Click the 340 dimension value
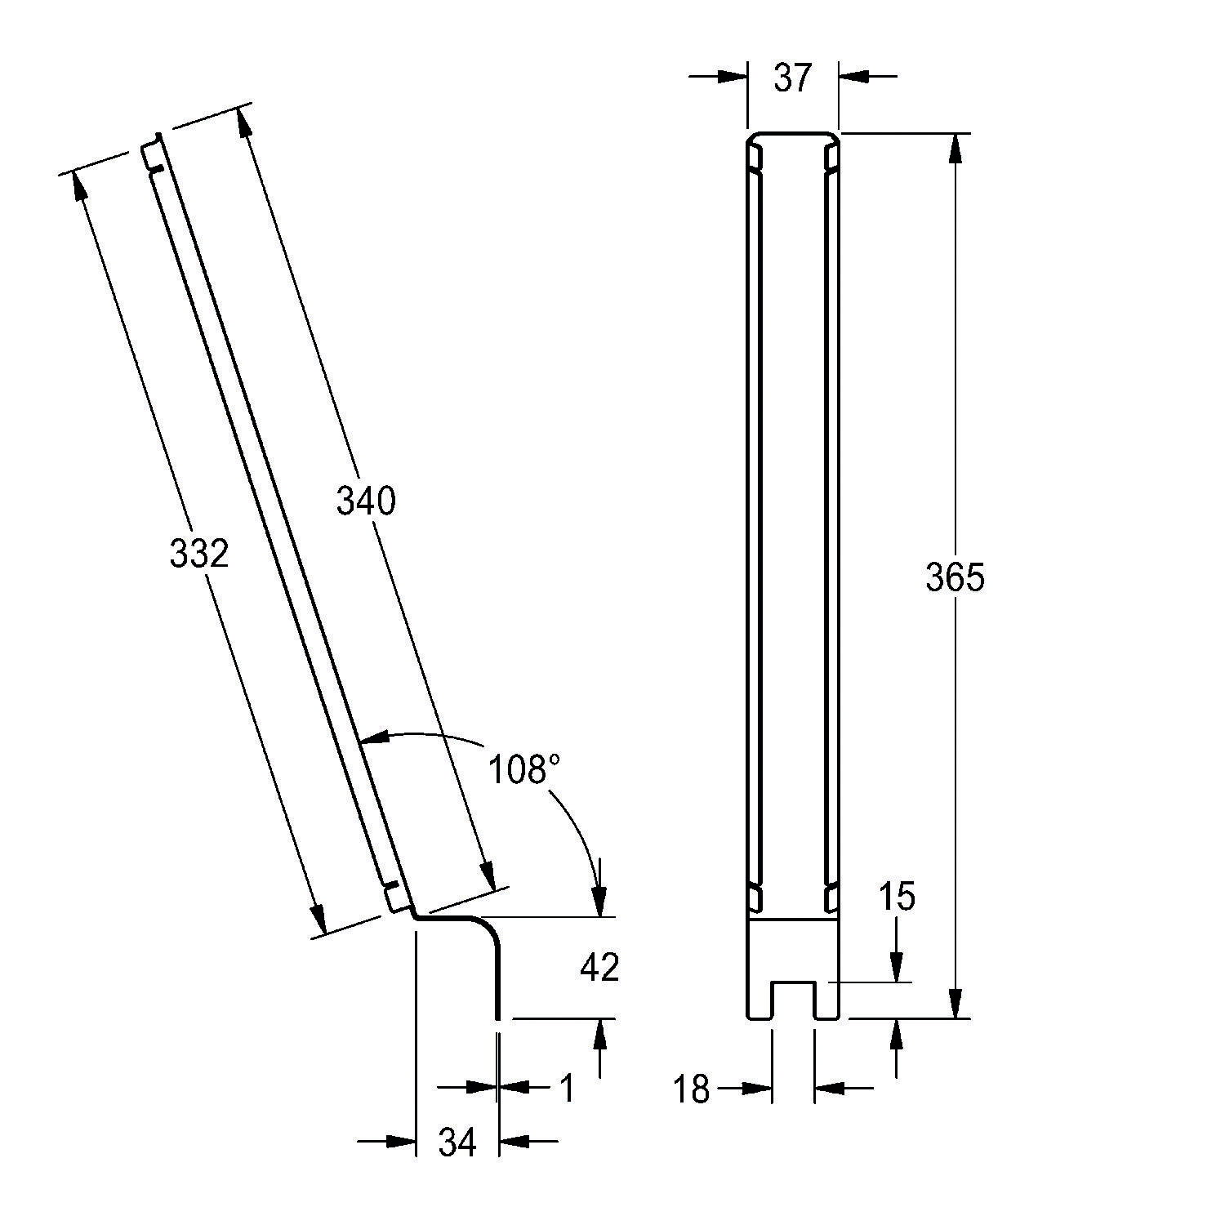(x=366, y=501)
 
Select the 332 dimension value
(x=199, y=555)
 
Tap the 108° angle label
(x=524, y=769)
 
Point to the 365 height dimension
(x=955, y=577)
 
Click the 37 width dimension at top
(x=792, y=78)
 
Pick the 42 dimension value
(x=599, y=968)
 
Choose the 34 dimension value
(x=457, y=1143)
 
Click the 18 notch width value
(x=692, y=1090)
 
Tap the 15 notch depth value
(x=897, y=897)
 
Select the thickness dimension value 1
(x=567, y=1088)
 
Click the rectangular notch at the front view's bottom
(x=793, y=1000)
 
